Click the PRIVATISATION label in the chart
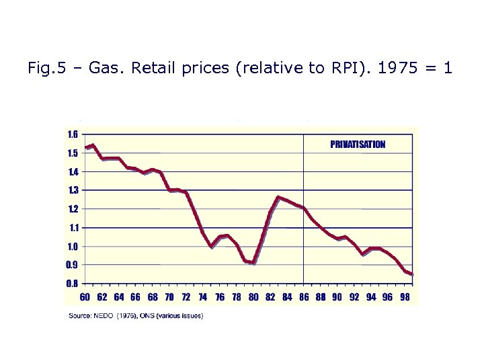pos(358,144)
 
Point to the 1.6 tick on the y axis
pos(71,134)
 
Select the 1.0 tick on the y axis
pos(71,247)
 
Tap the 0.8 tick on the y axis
pos(71,284)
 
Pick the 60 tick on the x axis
pos(85,296)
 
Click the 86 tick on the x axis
pos(304,296)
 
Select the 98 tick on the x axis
pos(405,296)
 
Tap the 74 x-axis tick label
pos(203,296)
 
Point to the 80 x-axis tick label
pos(253,296)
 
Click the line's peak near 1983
pos(278,198)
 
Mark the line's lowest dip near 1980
pos(253,263)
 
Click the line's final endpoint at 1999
pos(412,274)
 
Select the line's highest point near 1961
pos(93,145)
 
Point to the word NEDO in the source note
pos(102,315)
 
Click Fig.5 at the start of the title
pos(43,68)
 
